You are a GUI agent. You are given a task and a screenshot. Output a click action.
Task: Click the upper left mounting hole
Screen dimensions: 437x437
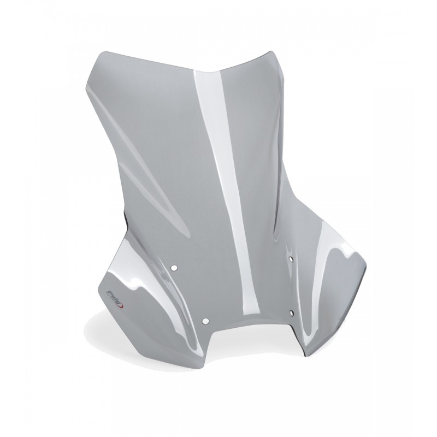175,268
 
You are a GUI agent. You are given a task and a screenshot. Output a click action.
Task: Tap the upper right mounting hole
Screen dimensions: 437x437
290,257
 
